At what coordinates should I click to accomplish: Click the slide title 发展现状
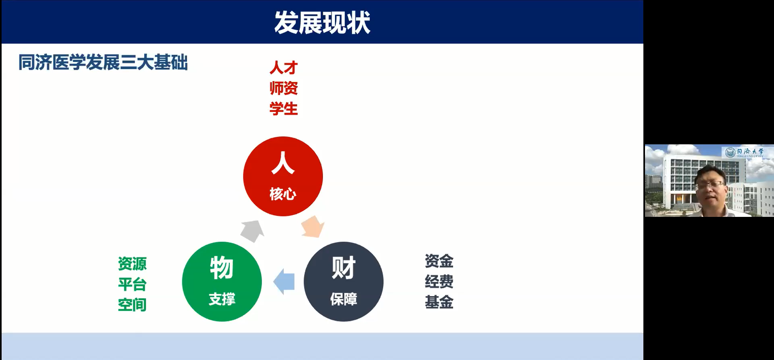tap(322, 23)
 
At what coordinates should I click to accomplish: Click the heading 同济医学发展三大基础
tap(103, 62)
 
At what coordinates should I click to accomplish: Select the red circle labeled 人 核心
tap(283, 176)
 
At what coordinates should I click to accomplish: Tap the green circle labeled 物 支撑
tap(222, 281)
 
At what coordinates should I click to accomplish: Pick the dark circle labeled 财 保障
tap(343, 281)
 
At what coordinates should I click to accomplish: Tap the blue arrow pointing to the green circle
tap(284, 281)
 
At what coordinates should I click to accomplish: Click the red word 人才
tap(284, 68)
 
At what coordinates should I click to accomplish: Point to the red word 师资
tap(284, 88)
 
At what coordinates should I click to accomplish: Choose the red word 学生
tap(284, 109)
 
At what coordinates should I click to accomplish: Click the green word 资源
tap(132, 264)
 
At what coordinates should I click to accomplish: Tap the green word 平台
tap(132, 284)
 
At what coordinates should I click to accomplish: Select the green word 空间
tap(132, 305)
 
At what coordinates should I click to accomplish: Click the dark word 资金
tap(439, 261)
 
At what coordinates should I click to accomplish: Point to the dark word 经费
tap(439, 281)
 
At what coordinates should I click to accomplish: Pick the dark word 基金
tap(439, 302)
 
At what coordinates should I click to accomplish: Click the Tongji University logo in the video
tap(744, 152)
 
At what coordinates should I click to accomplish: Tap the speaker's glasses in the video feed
tap(710, 185)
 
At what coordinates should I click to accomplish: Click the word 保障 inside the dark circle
tap(343, 299)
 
